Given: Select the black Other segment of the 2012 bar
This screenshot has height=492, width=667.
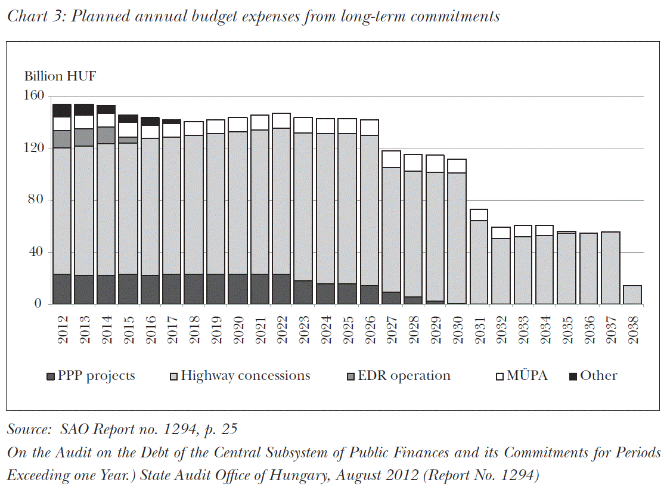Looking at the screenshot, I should pyautogui.click(x=62, y=110).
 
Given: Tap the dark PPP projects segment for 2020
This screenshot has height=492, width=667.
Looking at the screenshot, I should pyautogui.click(x=238, y=289).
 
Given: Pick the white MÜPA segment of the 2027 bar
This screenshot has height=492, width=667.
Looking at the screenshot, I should pyautogui.click(x=391, y=159).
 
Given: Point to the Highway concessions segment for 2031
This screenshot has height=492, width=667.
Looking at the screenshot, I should pyautogui.click(x=479, y=262).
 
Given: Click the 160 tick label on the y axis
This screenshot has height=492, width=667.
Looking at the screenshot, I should pyautogui.click(x=34, y=95).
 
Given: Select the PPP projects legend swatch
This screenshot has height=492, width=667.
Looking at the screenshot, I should pyautogui.click(x=51, y=376).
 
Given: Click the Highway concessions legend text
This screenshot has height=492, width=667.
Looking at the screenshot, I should pyautogui.click(x=246, y=376).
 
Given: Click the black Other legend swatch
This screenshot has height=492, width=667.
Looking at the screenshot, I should pyautogui.click(x=573, y=376).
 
